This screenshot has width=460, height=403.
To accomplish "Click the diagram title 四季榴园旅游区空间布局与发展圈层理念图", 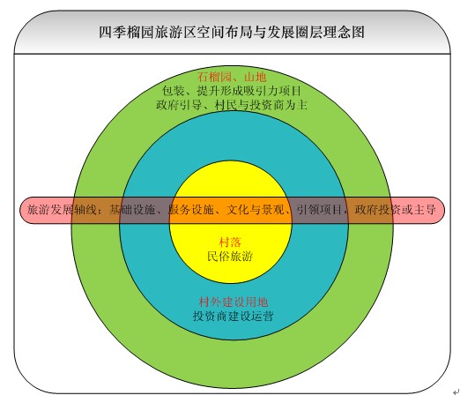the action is [x=232, y=32].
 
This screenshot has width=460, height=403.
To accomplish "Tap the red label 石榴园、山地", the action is [x=232, y=77].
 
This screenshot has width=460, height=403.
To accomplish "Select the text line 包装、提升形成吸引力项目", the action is [x=232, y=91].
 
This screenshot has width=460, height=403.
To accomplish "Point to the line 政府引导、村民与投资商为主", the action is [x=232, y=105].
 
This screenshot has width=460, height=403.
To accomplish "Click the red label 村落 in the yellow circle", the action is [x=230, y=243].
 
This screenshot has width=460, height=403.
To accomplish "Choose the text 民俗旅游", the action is [x=230, y=257].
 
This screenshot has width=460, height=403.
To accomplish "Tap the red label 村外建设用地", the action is [x=234, y=302].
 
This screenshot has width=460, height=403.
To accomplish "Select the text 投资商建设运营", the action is [x=234, y=316].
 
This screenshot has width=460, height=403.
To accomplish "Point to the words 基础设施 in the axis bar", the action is [x=132, y=210].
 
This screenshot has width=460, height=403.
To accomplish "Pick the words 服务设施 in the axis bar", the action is [x=191, y=210].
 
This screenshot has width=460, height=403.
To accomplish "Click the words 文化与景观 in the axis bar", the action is [x=256, y=210].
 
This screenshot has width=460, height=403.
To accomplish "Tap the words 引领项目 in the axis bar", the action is [x=319, y=210].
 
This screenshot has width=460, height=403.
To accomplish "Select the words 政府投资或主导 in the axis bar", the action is [x=395, y=210].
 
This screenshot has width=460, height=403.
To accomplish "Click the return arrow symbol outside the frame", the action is [x=456, y=392].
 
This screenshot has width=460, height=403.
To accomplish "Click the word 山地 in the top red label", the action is [x=256, y=77].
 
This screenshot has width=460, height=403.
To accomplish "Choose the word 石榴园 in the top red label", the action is [x=214, y=77].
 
